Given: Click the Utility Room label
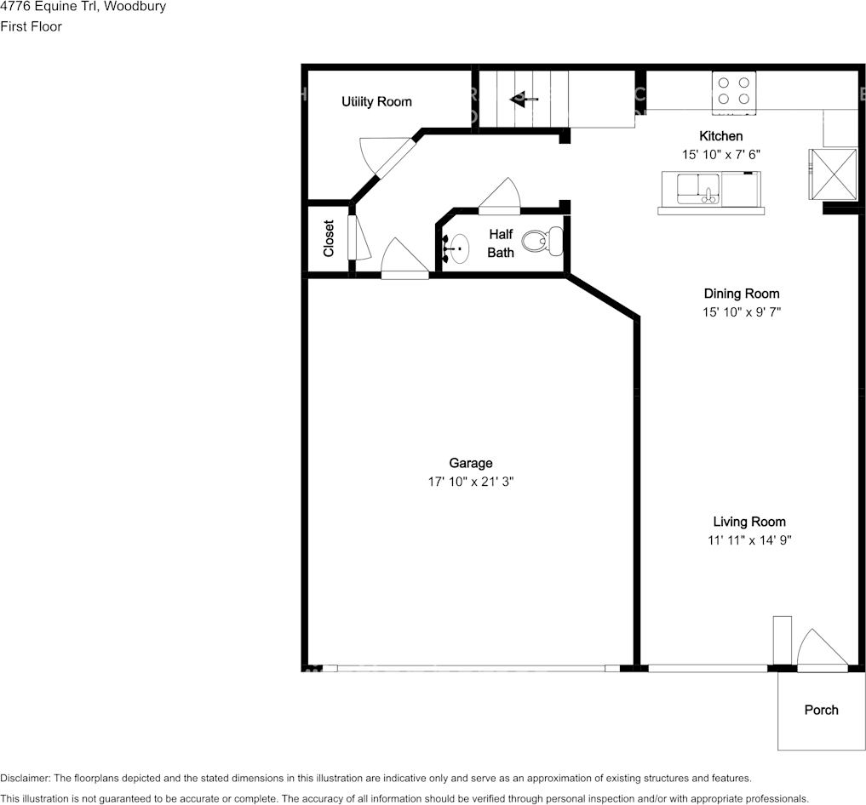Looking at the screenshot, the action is [376, 101].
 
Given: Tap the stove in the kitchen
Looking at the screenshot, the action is [733, 93].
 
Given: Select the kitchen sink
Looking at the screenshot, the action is [698, 189].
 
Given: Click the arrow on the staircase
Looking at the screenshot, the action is [523, 100].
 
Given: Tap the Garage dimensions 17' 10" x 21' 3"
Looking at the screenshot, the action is [471, 482].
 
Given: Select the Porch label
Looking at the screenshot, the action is [821, 710].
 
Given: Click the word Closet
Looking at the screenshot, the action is [329, 238].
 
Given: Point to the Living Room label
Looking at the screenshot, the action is [748, 522].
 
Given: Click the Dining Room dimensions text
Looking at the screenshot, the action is [741, 312].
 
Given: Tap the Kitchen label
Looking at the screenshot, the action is [720, 136].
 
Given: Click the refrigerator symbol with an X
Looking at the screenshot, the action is [833, 174].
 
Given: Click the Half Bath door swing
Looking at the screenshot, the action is [499, 196].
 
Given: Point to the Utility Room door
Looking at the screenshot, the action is [387, 156].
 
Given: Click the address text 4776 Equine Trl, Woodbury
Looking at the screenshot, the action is [83, 7].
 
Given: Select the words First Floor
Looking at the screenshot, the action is [31, 26].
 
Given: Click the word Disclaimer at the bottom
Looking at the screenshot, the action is [26, 779].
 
